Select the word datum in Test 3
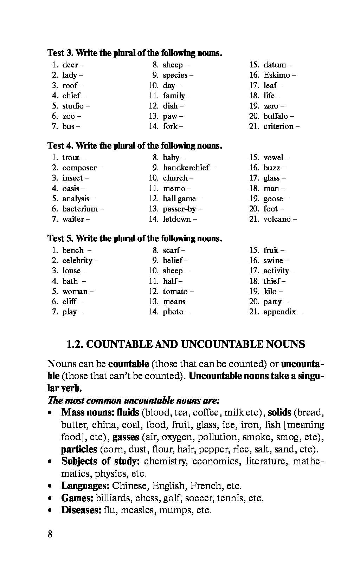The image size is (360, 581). point(275,65)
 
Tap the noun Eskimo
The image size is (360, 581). point(277,75)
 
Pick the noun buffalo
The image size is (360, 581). point(276,116)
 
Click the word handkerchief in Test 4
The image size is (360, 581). point(186,168)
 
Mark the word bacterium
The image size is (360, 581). point(80,209)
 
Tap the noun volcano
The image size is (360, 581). point(277,219)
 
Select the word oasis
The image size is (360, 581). point(71,189)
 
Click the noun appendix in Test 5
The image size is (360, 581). point(279,312)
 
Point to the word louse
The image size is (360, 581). point(71,271)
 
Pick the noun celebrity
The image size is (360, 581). point(77,261)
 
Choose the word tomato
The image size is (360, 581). point(175,292)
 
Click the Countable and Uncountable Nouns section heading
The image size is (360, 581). point(186,344)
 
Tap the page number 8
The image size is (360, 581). point(50,534)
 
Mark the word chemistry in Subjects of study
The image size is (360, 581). point(165,461)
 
